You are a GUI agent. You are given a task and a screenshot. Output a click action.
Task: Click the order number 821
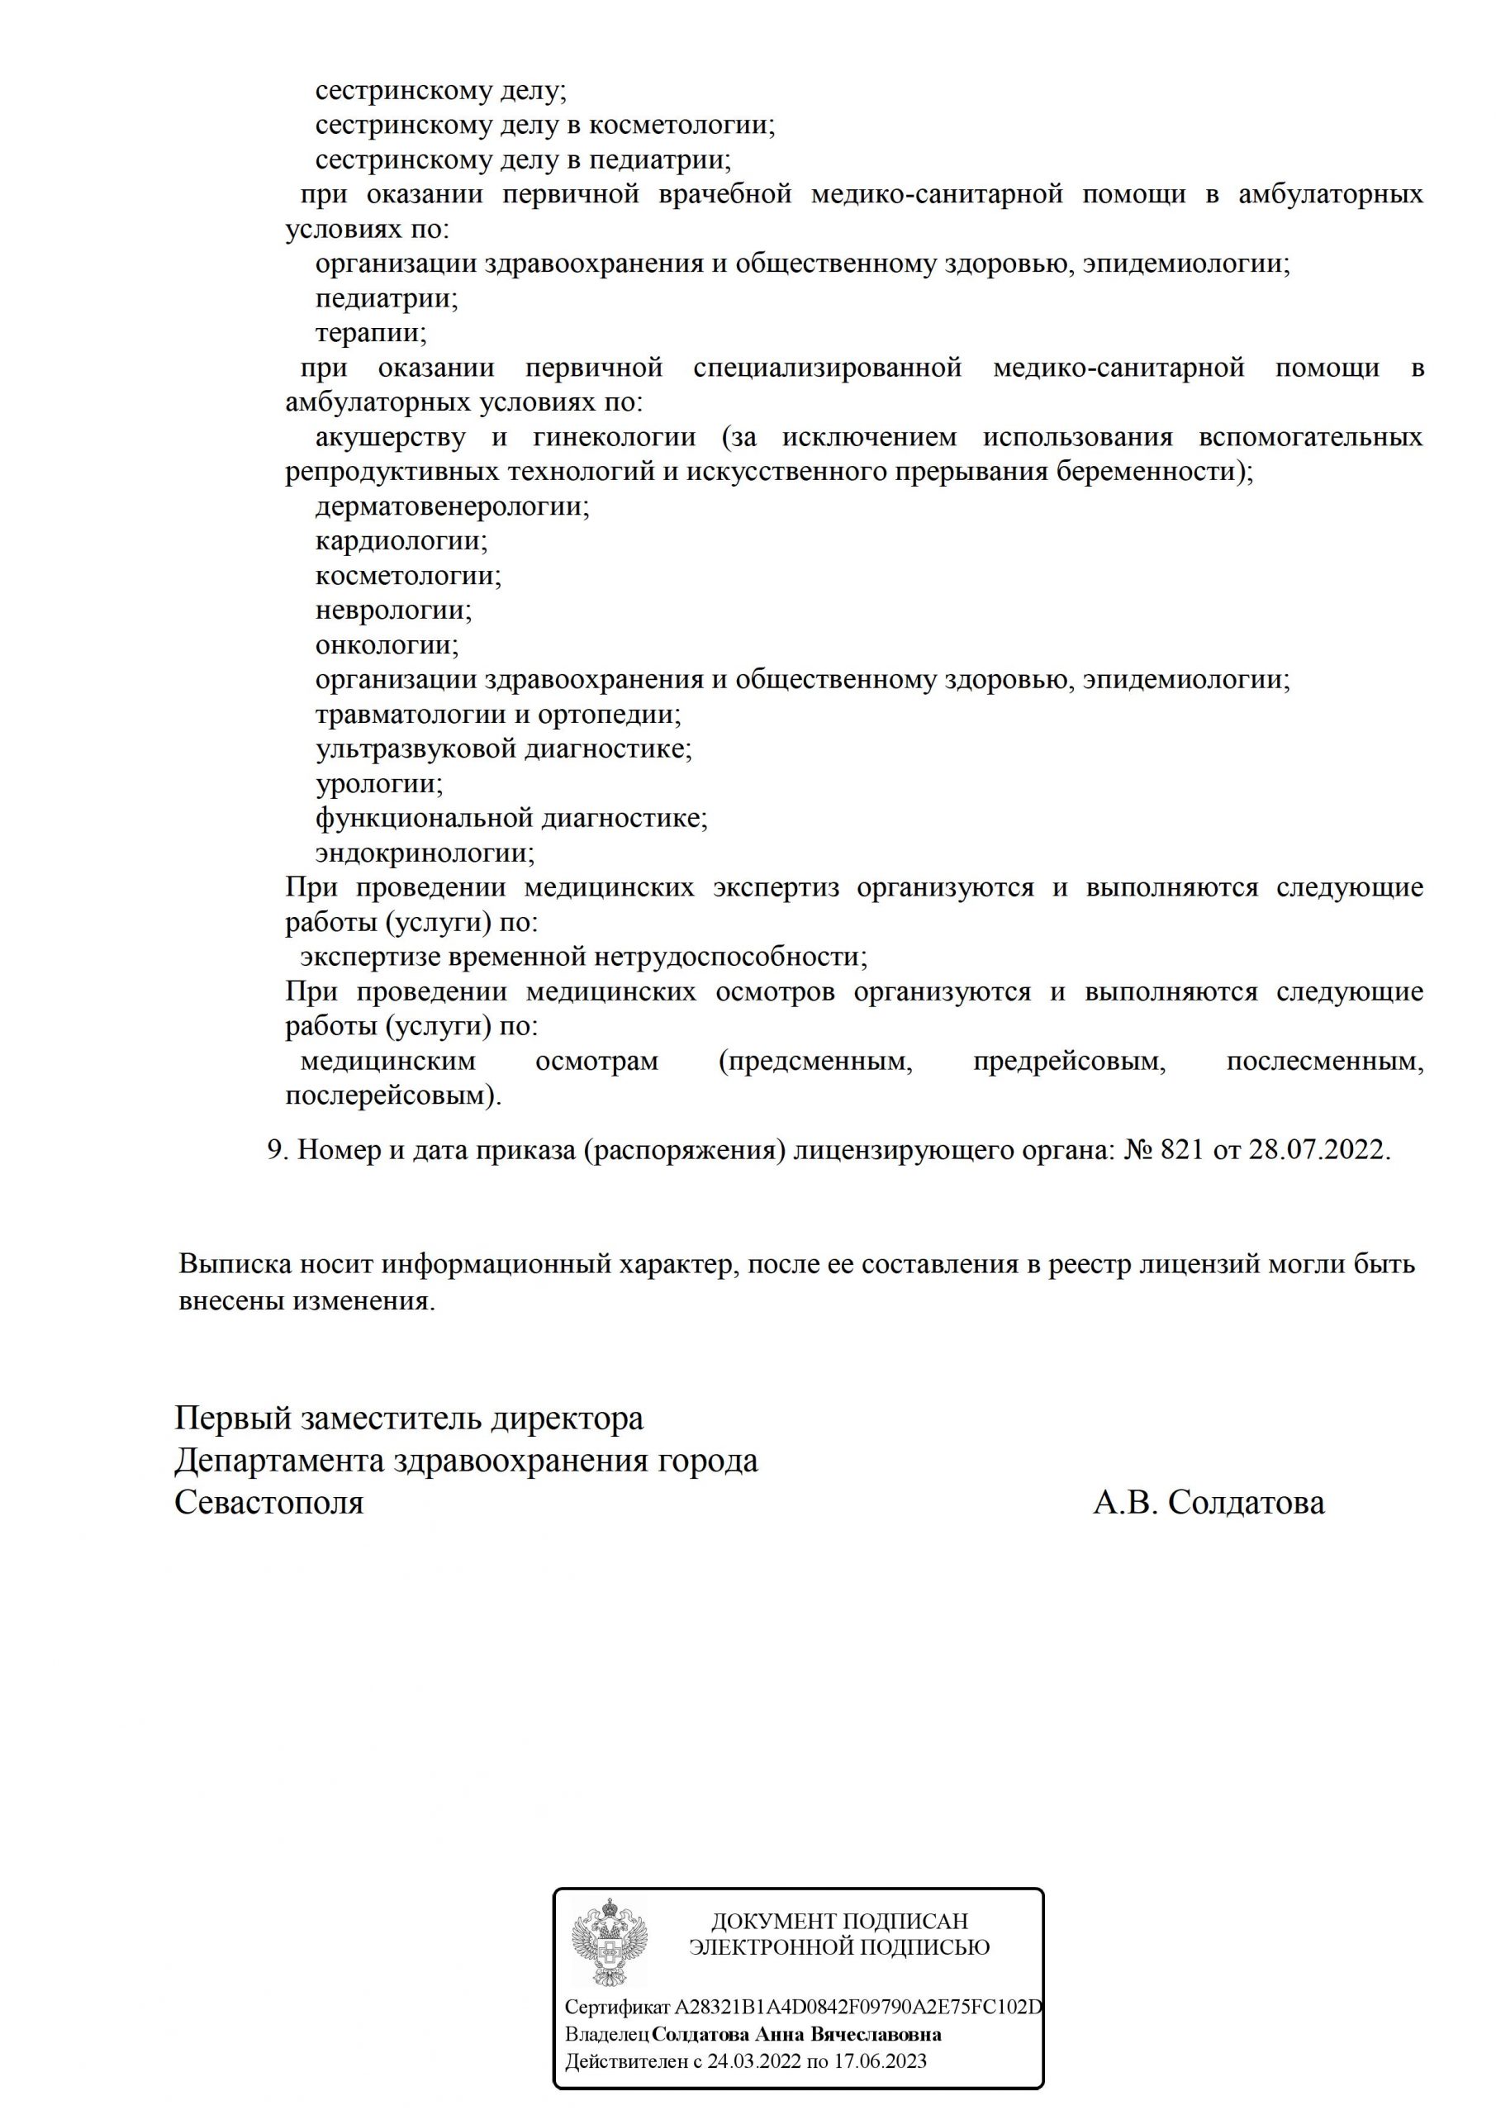[x=1182, y=1151]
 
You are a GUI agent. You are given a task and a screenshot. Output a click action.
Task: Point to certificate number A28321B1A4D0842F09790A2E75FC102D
[x=858, y=2008]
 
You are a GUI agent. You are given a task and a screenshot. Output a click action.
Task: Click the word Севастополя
[x=269, y=1503]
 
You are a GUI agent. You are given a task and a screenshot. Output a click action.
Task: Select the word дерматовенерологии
[x=451, y=506]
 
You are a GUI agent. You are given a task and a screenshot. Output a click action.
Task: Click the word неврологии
[x=392, y=610]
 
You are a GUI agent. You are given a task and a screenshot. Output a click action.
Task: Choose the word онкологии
[x=386, y=644]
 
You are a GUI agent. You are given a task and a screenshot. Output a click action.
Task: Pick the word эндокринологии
[x=424, y=853]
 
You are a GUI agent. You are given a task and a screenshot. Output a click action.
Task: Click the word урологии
[x=378, y=784]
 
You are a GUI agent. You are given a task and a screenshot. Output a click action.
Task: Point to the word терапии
[x=370, y=333]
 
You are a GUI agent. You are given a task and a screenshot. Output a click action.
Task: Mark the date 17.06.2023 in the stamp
[x=880, y=2060]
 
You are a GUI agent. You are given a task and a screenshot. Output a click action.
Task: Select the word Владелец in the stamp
[x=607, y=2034]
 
